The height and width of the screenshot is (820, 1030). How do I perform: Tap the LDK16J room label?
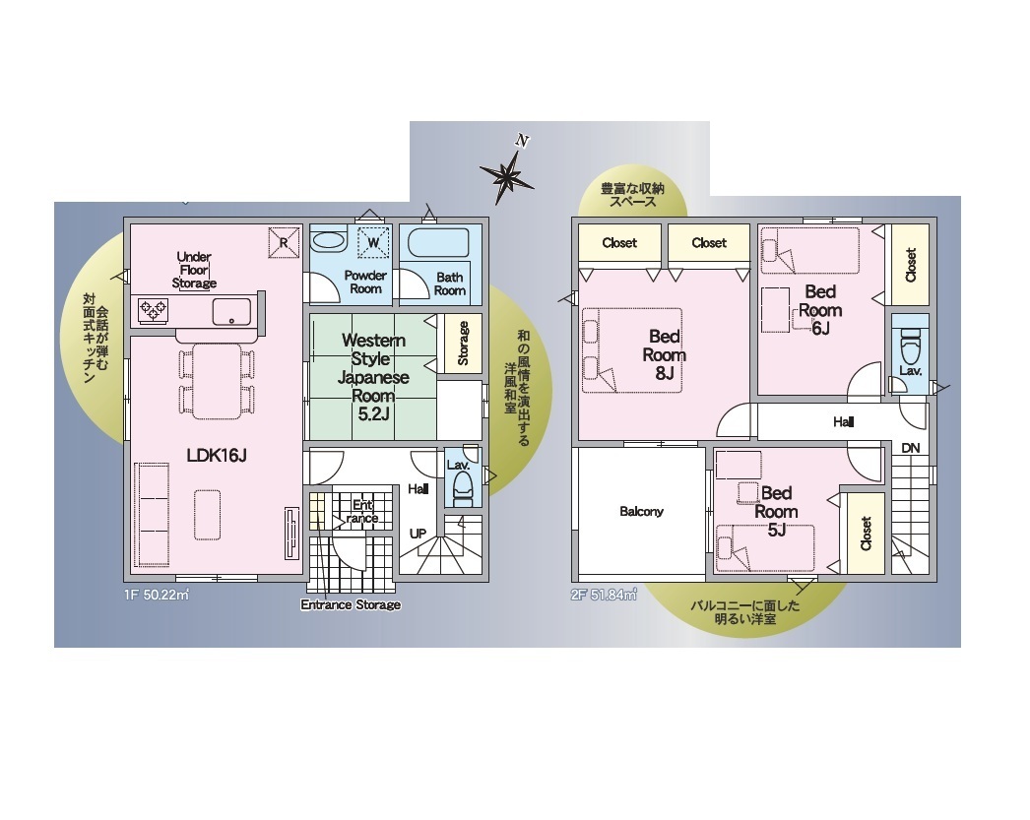(217, 455)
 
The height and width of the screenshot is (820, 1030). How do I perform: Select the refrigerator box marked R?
(284, 242)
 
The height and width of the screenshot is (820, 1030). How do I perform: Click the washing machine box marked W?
(373, 242)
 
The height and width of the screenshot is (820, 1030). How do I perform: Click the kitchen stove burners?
(153, 310)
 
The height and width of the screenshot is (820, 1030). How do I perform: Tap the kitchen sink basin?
(231, 311)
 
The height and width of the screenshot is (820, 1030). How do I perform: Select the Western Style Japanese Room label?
(373, 377)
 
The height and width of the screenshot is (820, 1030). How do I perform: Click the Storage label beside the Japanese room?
(463, 343)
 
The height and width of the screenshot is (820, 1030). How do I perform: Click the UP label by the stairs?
(418, 534)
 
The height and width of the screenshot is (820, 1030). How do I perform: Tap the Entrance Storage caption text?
(351, 604)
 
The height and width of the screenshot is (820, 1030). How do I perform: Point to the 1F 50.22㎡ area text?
(157, 595)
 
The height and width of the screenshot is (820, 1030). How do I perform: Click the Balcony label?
(641, 511)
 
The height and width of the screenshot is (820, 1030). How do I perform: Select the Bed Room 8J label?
(664, 354)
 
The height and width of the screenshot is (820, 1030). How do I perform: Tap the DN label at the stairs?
(911, 449)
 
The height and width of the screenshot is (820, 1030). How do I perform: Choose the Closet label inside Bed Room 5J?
(866, 534)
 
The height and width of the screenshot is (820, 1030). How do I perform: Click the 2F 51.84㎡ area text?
(604, 595)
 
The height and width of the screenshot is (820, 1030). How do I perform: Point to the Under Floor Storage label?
(194, 270)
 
